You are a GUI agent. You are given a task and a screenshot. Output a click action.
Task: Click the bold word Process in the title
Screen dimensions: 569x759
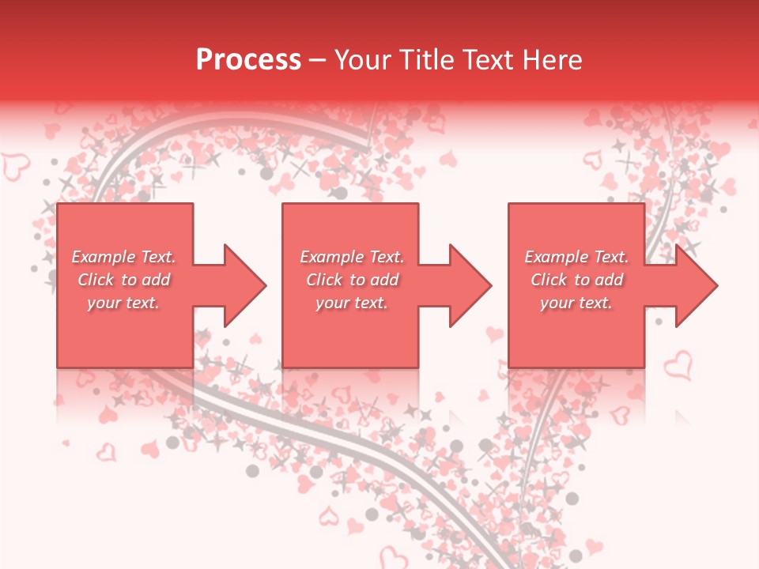(x=248, y=60)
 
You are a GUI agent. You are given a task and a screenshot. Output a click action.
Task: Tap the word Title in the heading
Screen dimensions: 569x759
(x=425, y=60)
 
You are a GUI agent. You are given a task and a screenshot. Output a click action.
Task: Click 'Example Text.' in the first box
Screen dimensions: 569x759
(x=123, y=257)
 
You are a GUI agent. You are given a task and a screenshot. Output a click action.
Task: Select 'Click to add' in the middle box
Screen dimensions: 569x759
(x=352, y=280)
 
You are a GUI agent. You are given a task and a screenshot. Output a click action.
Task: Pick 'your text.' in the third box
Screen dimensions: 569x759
(x=576, y=303)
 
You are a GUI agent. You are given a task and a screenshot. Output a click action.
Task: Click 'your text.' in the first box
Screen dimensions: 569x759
(x=123, y=303)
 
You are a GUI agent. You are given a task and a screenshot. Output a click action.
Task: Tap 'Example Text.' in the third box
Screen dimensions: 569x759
(x=576, y=257)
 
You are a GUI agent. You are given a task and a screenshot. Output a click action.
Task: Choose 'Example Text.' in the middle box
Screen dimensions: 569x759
(x=352, y=257)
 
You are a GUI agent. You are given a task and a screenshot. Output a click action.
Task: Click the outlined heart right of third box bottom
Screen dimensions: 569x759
(x=678, y=365)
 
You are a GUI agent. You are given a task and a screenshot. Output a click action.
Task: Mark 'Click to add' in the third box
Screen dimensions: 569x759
(x=576, y=280)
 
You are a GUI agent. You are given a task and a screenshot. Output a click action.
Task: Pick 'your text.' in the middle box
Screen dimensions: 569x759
(x=352, y=303)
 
